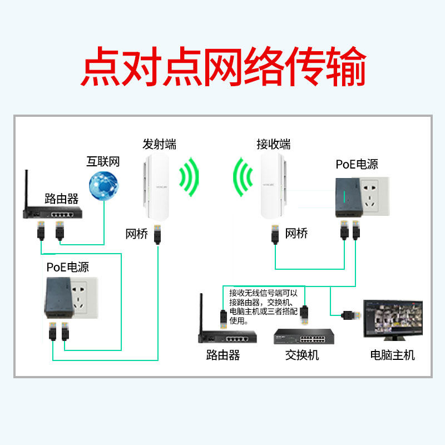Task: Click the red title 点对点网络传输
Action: coord(222,66)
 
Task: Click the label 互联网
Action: coord(103,162)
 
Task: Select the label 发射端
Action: coord(160,144)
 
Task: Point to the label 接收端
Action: coord(273,144)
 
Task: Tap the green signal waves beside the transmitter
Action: coord(190,178)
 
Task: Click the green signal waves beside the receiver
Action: coord(244,178)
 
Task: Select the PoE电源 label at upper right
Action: coord(357,165)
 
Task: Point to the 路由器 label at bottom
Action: coord(222,355)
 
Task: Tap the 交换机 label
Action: coord(302,355)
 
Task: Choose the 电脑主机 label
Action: coord(393,355)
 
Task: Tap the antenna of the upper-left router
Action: coord(26,189)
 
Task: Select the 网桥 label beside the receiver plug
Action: coord(296,234)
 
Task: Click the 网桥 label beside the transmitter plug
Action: coord(137,234)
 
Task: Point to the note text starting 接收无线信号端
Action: coord(263,306)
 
